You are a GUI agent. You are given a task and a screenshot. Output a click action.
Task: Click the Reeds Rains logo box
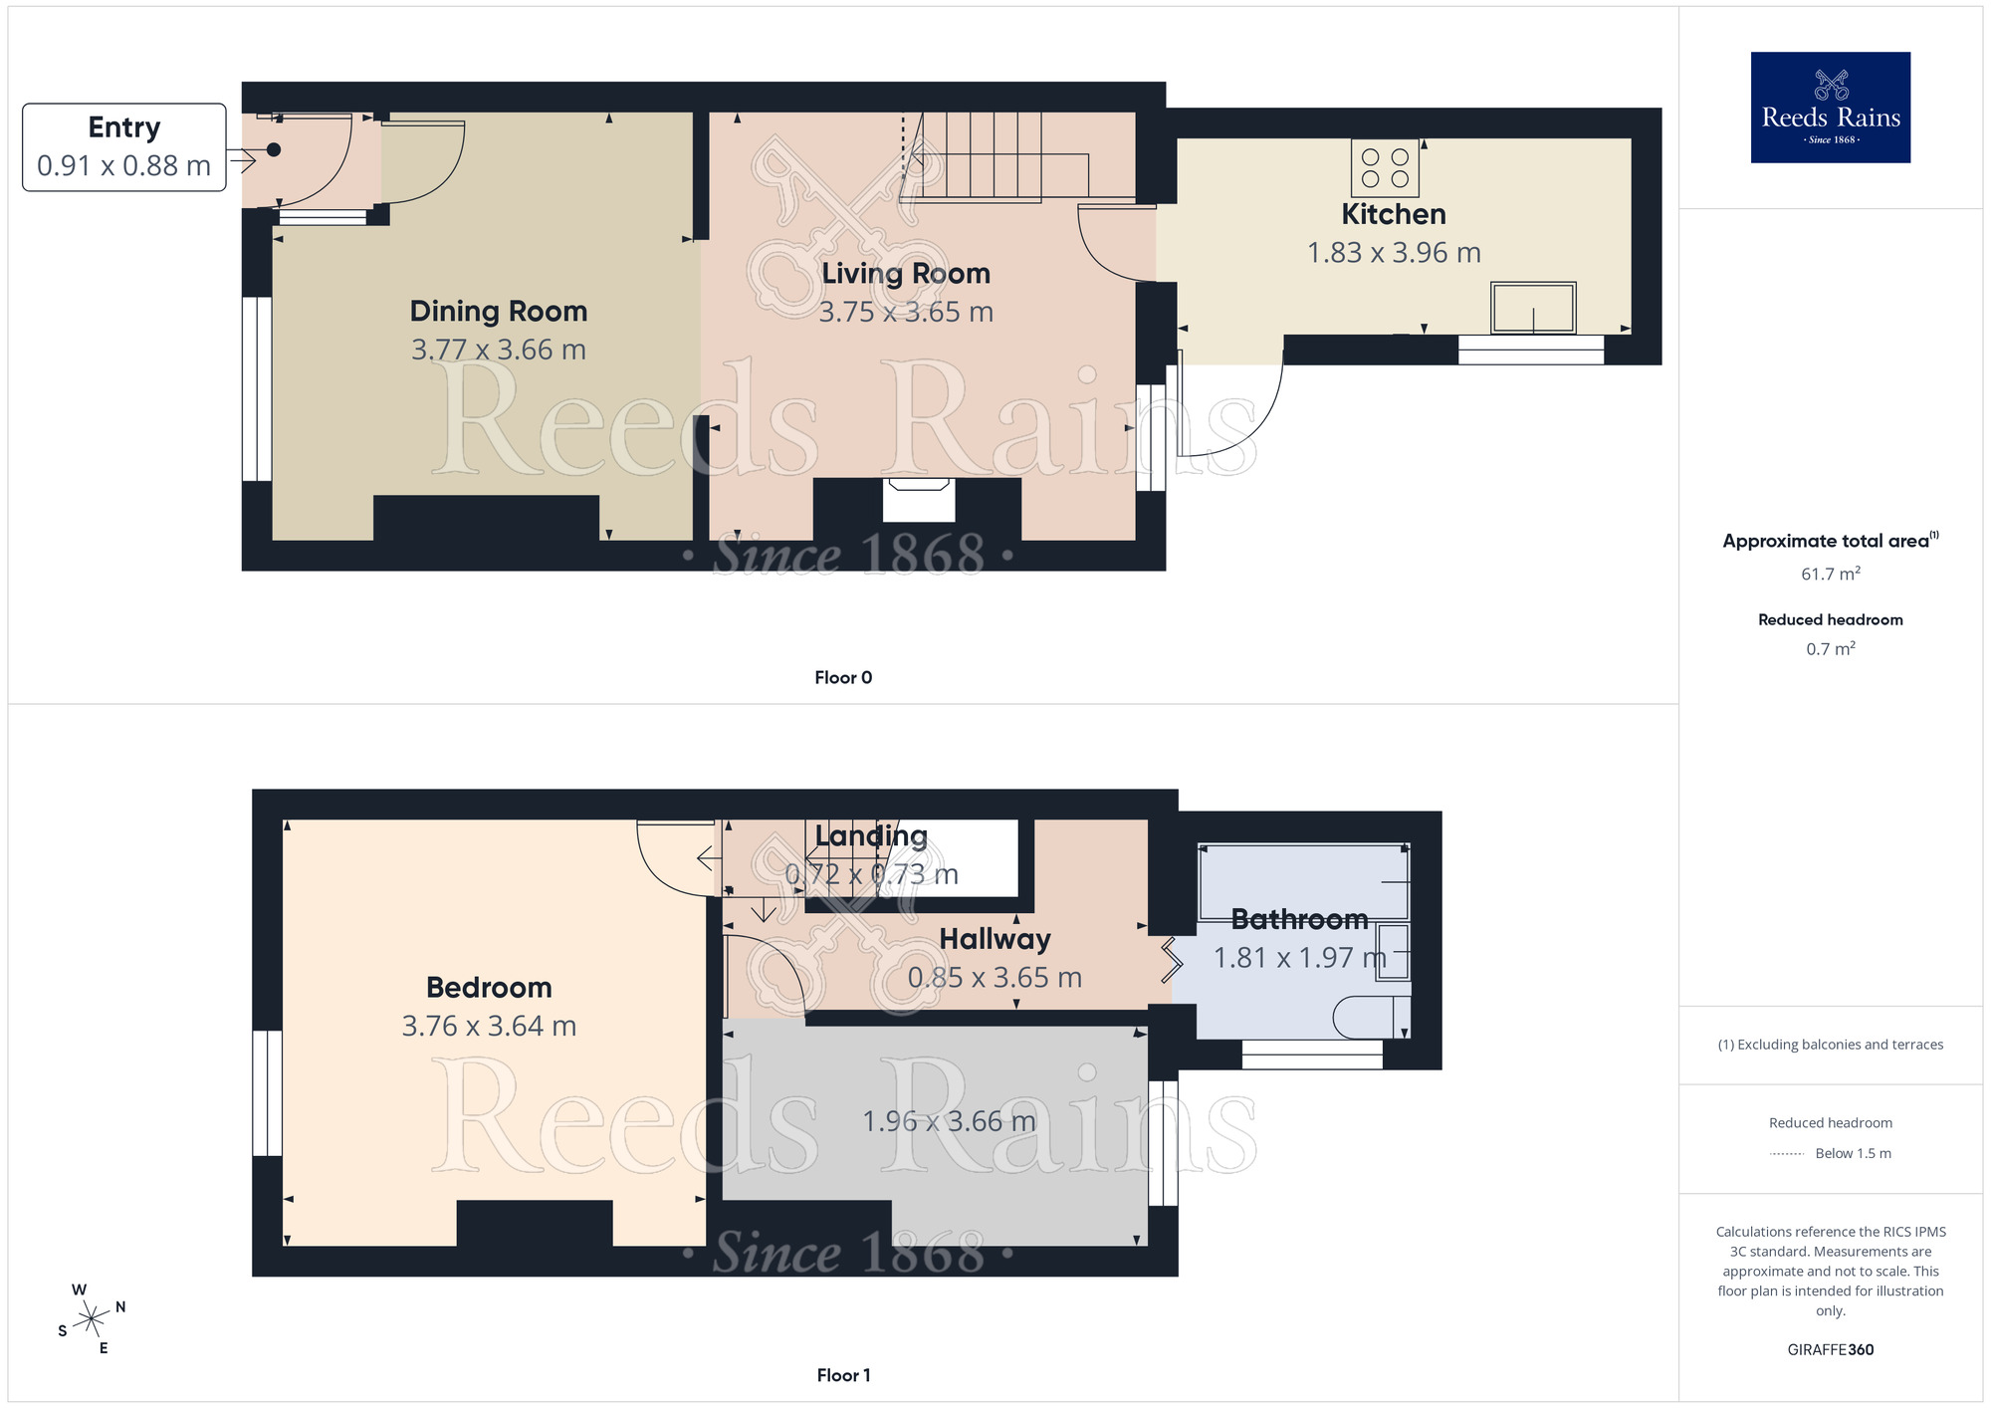[x=1830, y=108]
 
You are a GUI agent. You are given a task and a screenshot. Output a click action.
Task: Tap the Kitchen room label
[x=1393, y=214]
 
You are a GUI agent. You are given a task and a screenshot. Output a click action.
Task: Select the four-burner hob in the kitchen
[x=1385, y=168]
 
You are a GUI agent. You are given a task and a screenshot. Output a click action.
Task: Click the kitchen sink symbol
[x=1532, y=308]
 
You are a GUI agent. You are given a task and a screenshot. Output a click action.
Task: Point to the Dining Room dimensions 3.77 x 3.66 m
[x=498, y=350]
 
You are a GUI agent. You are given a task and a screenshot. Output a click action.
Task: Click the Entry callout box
[x=124, y=147]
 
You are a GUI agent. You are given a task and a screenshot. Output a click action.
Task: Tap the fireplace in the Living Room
[x=919, y=498]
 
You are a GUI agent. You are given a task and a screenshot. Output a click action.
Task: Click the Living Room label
[x=905, y=273]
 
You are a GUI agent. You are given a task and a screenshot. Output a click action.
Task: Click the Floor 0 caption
[x=842, y=677]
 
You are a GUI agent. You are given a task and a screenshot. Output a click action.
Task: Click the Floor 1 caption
[x=842, y=1375]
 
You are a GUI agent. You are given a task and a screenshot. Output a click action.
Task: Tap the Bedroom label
[x=489, y=987]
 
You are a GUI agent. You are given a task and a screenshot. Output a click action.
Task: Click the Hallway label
[x=995, y=939]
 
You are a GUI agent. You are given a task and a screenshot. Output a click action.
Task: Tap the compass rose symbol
[x=92, y=1319]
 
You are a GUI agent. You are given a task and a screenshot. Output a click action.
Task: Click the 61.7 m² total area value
[x=1830, y=575]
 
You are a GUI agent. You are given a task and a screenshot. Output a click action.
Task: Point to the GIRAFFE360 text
[x=1830, y=1349]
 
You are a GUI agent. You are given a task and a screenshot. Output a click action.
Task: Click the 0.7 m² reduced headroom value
[x=1830, y=649]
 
